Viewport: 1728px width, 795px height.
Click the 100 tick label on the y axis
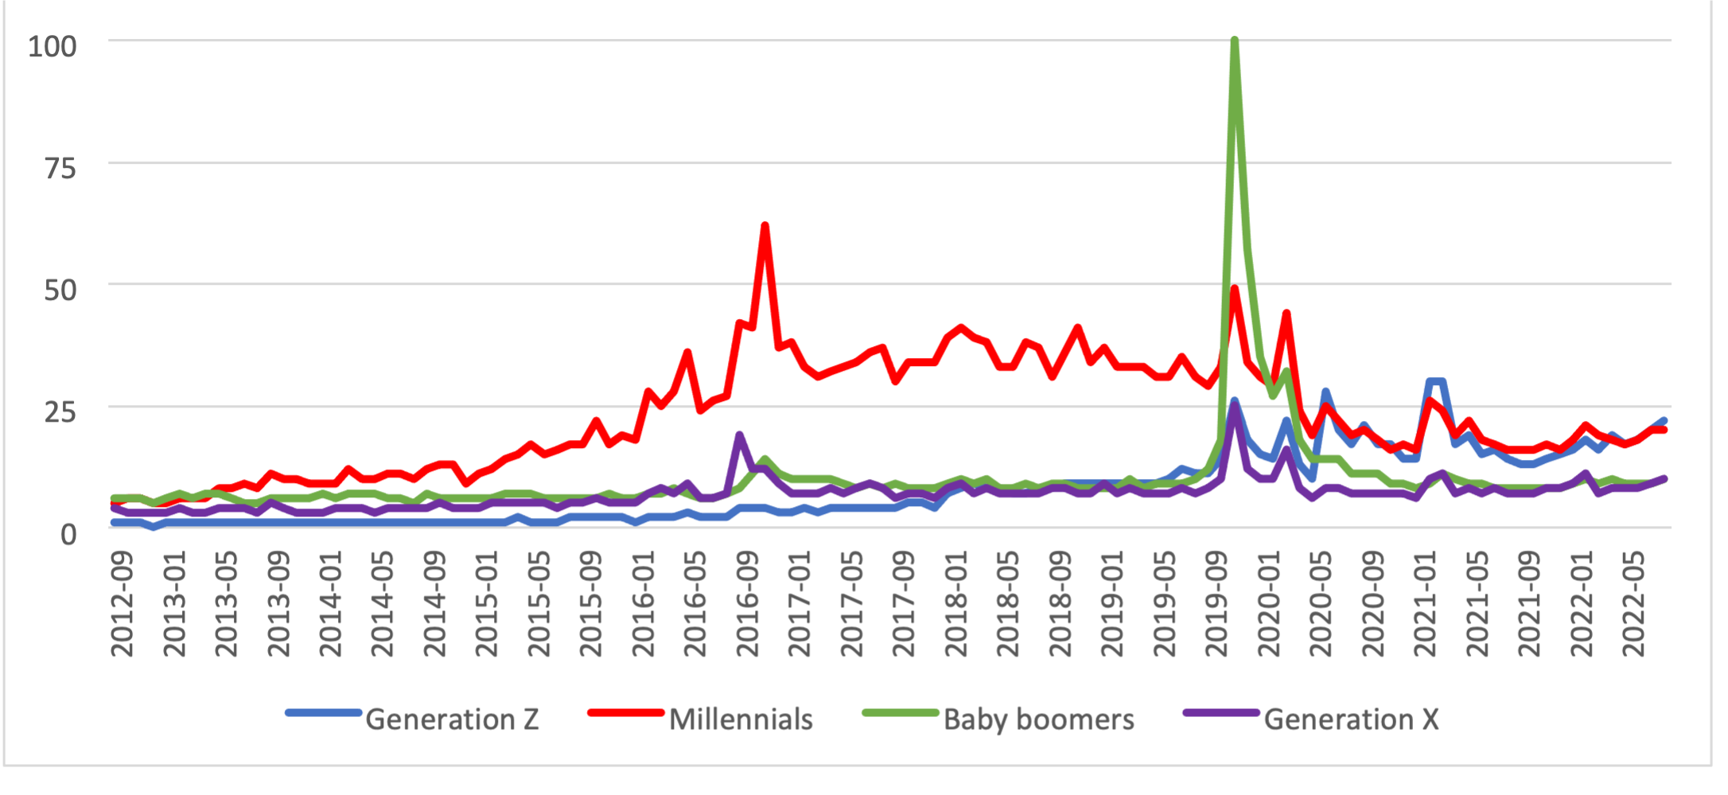coord(53,46)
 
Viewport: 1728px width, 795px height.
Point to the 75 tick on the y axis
coord(60,168)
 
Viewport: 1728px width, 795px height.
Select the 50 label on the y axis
coord(60,290)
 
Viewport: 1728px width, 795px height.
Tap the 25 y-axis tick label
coord(60,411)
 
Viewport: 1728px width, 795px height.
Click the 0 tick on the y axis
coord(68,534)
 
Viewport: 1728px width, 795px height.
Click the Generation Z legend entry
coord(452,719)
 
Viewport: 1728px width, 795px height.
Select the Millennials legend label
coord(741,719)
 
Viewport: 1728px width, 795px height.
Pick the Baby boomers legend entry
coord(1038,719)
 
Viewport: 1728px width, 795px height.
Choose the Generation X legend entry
coord(1351,719)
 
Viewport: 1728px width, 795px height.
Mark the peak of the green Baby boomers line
coord(1234,40)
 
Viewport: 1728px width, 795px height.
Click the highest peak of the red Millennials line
coord(765,225)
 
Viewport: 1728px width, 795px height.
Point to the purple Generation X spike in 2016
coord(739,435)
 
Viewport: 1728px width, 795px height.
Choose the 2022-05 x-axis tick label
coord(1633,604)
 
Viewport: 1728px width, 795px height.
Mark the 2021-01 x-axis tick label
coord(1425,604)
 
